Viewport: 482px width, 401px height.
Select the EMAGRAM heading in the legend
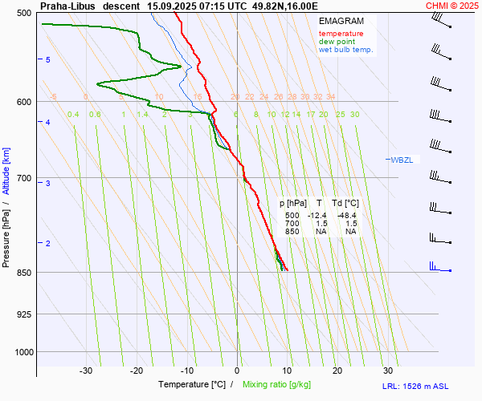[x=341, y=20]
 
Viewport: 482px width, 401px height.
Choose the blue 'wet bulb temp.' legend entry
[x=346, y=50]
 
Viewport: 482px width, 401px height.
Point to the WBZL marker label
[x=402, y=160]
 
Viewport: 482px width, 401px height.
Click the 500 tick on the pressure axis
[x=23, y=14]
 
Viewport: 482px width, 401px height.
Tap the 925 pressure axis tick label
[x=23, y=314]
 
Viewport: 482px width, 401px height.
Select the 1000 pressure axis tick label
[x=22, y=352]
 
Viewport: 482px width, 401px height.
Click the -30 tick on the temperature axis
[x=86, y=371]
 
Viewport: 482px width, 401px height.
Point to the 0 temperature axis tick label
[x=237, y=371]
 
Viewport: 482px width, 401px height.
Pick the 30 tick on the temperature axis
[x=388, y=371]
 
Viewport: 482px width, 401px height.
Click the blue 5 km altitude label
[x=48, y=60]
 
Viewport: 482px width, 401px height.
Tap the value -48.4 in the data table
[x=347, y=216]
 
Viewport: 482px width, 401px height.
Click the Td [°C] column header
[x=346, y=204]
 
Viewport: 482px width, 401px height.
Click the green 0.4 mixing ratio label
[x=73, y=115]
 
